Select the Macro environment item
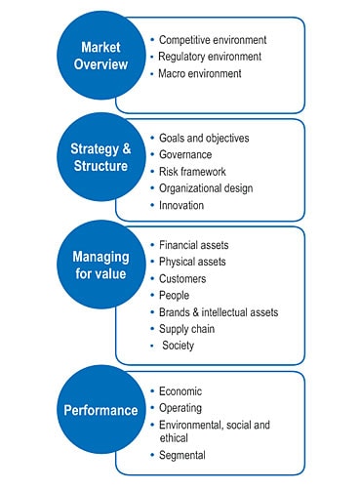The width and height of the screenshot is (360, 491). coord(199,74)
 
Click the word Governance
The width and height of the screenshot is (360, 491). coord(186,154)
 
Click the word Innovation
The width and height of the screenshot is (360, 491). coord(184,206)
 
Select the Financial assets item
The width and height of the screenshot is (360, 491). coord(193,245)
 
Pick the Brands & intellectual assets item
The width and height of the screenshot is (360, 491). coord(218,312)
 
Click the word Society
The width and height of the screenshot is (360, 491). coord(179,346)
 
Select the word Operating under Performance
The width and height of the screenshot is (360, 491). coord(183,407)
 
